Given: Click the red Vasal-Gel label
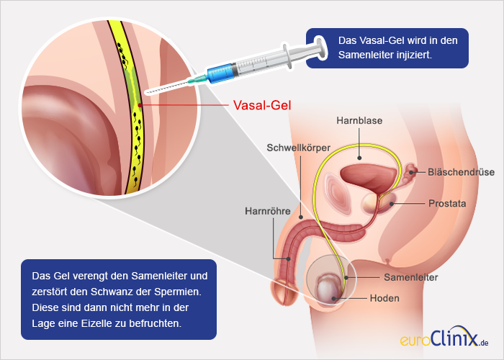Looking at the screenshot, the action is (262, 105).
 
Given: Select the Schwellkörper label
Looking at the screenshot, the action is (299, 148).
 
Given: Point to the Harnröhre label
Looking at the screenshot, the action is (267, 211).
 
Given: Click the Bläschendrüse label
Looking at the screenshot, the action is (461, 172).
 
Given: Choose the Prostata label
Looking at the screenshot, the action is (447, 204).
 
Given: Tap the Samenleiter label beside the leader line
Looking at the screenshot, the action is (411, 277).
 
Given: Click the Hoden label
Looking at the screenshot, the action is (384, 298).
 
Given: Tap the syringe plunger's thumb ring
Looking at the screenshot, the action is (321, 48).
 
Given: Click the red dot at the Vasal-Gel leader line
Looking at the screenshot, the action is (140, 105).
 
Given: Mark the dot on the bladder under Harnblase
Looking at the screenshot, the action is (359, 158).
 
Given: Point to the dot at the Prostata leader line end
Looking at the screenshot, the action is (392, 204).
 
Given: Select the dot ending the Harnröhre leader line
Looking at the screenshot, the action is (289, 258).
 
